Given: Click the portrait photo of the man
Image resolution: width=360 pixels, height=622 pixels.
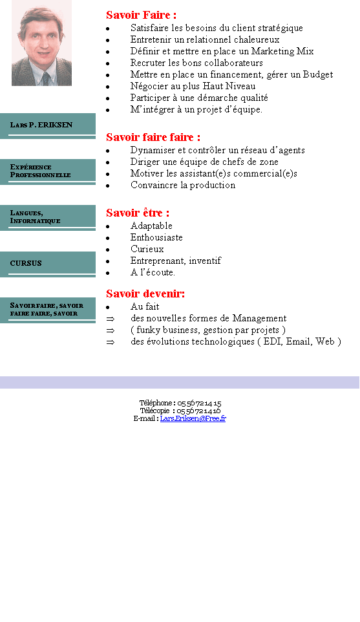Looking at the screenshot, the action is point(41,43).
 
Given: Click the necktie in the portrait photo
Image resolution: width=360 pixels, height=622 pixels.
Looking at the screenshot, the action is point(46,79).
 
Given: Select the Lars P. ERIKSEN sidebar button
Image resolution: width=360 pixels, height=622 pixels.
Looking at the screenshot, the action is point(48,125).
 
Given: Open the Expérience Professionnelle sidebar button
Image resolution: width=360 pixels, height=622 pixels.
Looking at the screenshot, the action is point(48,172).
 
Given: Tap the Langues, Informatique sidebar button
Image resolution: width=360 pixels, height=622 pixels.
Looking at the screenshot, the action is point(48,218).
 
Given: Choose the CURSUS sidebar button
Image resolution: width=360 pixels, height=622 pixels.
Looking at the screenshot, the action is point(48,264).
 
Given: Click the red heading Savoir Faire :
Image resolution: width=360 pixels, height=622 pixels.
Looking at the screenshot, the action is point(141,15).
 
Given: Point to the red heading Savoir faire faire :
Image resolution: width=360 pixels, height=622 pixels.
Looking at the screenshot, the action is point(153,137).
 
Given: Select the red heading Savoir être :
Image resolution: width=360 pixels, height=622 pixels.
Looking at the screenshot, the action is point(138,213).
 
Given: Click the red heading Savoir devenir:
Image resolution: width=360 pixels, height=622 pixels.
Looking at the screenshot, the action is point(145,294).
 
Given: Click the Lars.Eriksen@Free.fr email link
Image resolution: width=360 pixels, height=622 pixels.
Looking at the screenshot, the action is point(193,418).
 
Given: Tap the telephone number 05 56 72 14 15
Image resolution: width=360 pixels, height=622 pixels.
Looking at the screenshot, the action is point(199,403).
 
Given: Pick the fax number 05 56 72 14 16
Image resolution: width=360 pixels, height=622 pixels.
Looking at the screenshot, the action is point(198,411).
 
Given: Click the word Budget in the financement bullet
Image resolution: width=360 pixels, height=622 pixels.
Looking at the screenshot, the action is point(318,74).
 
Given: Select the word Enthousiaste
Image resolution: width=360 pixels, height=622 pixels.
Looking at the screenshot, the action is point(156,237).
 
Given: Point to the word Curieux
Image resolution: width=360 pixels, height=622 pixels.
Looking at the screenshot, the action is point(147,249).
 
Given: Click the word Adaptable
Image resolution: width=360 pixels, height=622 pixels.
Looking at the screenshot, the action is point(151,226).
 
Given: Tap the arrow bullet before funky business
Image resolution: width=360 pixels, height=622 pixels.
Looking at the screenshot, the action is point(111,330).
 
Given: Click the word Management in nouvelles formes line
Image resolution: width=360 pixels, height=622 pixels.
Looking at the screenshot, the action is point(259,319).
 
